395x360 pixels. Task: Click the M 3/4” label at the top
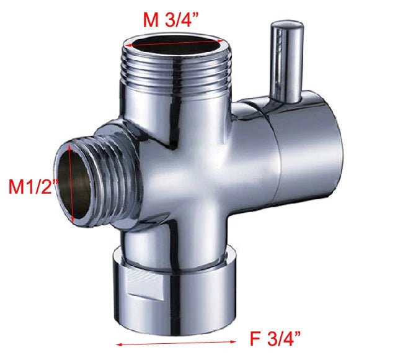coord(171,19)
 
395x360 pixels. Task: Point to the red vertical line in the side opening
coord(73,184)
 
